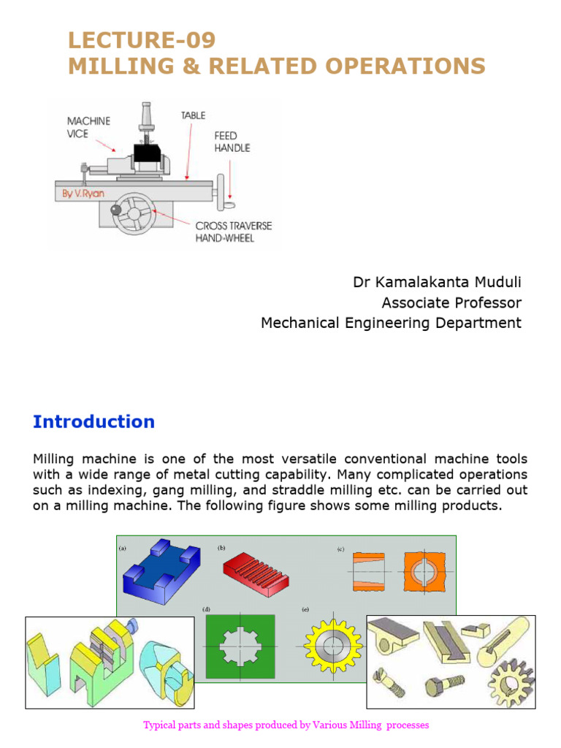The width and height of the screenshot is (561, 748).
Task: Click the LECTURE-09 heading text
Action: click(142, 39)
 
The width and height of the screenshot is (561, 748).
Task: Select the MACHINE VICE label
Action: click(88, 127)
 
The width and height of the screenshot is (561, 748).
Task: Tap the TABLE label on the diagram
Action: click(193, 115)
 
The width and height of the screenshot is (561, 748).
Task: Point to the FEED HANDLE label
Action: click(232, 142)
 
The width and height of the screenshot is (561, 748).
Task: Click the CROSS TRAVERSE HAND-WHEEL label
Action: click(233, 232)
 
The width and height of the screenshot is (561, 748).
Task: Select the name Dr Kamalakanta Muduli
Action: click(437, 282)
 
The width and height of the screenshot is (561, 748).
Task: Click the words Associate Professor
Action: click(451, 302)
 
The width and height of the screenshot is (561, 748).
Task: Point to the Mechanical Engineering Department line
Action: click(391, 323)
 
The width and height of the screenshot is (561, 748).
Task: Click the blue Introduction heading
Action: click(93, 421)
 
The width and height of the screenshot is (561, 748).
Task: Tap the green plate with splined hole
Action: click(240, 646)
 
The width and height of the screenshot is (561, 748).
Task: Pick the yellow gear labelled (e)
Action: click(332, 647)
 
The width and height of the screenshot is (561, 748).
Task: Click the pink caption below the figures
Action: click(286, 725)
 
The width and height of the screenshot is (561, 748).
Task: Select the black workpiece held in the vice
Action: click(148, 153)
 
